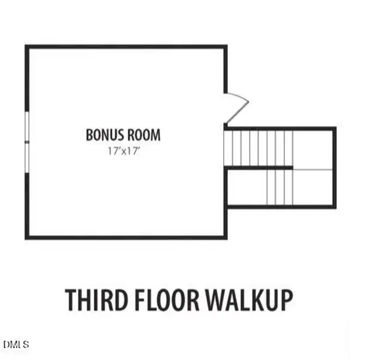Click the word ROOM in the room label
point(143,134)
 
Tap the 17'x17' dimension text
point(123,151)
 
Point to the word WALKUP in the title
point(250,299)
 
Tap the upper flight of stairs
point(258,148)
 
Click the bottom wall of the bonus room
point(126,237)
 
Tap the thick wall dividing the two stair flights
point(259,168)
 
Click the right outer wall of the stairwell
point(334,168)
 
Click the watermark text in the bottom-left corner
point(16,344)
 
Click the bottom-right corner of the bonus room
point(225,236)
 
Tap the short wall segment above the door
point(225,69)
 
